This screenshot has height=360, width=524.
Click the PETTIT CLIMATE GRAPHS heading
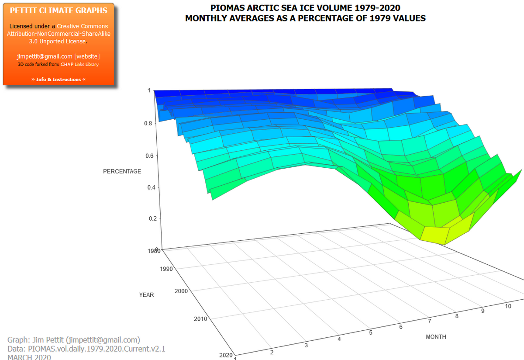58,10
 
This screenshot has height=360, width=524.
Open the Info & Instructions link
58,80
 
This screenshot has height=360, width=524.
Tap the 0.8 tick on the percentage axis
148,124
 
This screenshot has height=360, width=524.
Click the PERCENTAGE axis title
122,172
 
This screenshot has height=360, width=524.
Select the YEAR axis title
146,295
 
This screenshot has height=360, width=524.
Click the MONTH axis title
436,337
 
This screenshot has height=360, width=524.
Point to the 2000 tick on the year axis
181,291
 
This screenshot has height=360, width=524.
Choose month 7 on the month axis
430,322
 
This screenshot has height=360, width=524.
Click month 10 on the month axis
508,306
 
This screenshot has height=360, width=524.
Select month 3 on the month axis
306,346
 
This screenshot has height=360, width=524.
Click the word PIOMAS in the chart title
225,8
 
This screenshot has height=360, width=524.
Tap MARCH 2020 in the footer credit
29,357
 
